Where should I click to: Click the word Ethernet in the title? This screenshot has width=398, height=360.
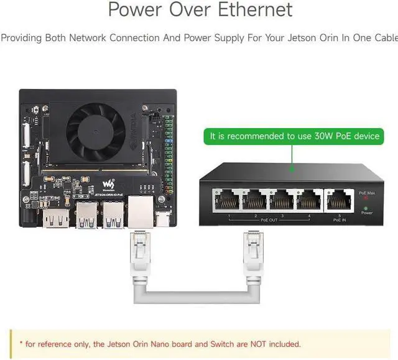click(256, 10)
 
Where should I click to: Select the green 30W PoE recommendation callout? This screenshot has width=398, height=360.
click(294, 136)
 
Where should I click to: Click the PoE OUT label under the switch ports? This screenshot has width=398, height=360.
click(269, 219)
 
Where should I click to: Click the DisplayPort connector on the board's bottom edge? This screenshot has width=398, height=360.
click(52, 217)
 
